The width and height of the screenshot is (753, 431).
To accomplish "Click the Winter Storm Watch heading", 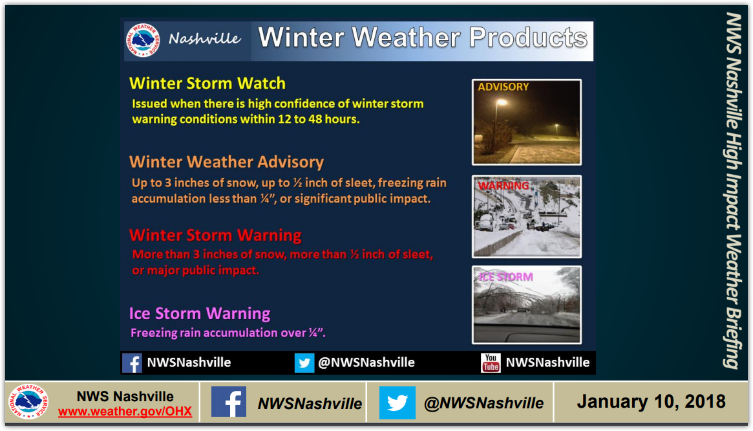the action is (207, 83).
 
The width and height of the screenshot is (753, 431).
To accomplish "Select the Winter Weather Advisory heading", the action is (227, 162).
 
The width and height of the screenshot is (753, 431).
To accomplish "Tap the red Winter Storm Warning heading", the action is (215, 235).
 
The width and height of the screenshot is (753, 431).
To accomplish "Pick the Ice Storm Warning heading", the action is (200, 314).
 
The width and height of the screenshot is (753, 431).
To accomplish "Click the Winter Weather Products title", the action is (423, 38).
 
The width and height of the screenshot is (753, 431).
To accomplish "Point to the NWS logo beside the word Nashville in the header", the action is (143, 40).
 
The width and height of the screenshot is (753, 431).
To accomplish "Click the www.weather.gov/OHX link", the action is (125, 412).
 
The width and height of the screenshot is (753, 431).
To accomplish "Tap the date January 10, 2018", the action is (651, 402).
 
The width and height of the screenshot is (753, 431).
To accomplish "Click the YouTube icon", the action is (491, 362).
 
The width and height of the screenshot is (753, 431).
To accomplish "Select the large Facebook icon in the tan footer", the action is (229, 402).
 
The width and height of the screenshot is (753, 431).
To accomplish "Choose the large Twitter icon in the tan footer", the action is (397, 402).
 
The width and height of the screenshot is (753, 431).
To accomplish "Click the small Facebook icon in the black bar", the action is (132, 363).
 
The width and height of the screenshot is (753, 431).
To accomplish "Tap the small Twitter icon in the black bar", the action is (304, 363).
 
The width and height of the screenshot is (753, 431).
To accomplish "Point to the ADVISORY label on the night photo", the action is (504, 87).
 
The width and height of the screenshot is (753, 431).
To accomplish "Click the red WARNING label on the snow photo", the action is (504, 186).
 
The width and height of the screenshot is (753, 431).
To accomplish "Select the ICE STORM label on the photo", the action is (506, 277).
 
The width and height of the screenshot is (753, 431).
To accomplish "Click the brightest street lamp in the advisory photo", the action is (502, 102).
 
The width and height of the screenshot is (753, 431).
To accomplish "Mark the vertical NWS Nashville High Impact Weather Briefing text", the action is (734, 190).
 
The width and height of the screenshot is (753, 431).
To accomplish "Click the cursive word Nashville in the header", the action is (205, 38).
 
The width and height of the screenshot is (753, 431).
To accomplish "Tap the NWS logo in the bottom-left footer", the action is (28, 402).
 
